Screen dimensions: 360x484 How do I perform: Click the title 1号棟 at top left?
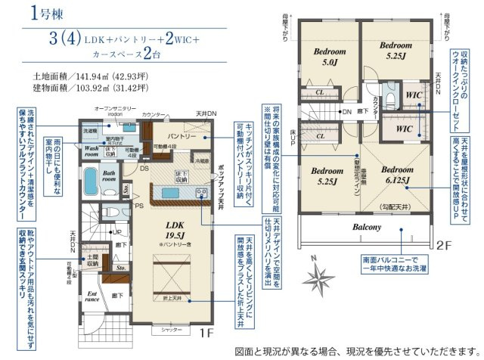(45, 12)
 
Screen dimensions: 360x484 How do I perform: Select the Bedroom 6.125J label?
(394, 175)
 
